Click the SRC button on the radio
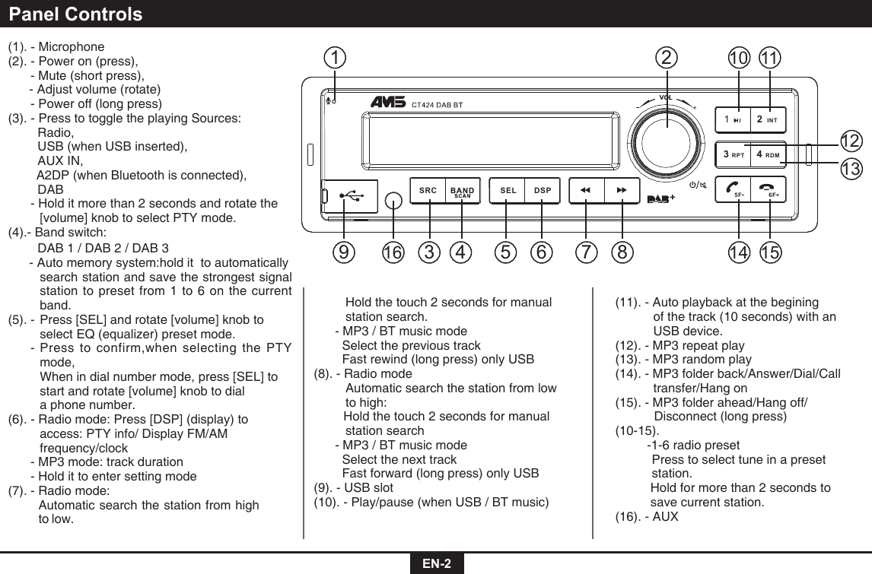tap(428, 190)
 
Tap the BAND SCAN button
tap(462, 191)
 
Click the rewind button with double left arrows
tap(586, 190)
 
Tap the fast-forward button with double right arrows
tap(622, 190)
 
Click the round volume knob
tap(667, 132)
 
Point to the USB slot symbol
tap(351, 195)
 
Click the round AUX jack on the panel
tap(393, 200)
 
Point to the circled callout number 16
tap(393, 250)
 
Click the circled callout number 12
tap(851, 141)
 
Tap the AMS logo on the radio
tap(389, 103)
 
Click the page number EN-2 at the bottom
tap(437, 563)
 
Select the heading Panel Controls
tap(76, 14)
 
